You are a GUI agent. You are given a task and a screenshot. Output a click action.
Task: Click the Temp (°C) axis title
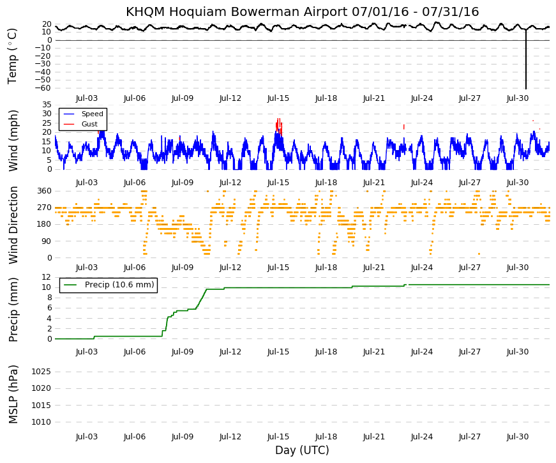tap(12, 57)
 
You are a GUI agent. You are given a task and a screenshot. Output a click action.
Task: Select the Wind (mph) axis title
tap(13, 141)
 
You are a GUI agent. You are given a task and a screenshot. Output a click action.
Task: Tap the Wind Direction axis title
tap(13, 225)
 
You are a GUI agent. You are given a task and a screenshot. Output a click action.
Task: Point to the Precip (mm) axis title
tap(13, 310)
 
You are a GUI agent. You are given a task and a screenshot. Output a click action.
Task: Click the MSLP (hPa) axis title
tap(13, 395)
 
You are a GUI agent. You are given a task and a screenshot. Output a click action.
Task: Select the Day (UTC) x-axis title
tap(302, 450)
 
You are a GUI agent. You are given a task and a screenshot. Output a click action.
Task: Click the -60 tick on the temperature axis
tap(43, 88)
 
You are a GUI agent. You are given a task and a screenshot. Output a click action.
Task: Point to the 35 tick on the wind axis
tap(47, 105)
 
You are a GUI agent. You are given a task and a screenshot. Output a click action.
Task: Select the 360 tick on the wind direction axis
tap(44, 191)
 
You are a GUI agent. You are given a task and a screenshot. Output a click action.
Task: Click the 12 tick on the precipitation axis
tap(47, 277)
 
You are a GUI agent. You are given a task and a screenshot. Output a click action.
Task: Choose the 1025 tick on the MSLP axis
tap(41, 372)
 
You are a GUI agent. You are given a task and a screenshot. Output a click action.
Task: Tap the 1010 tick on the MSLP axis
tap(41, 422)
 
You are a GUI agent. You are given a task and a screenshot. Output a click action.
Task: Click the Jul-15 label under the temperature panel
tap(278, 98)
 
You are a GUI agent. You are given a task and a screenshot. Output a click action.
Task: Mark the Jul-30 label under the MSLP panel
tap(517, 437)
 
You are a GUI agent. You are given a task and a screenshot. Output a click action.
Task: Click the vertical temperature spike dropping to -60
tap(526, 59)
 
